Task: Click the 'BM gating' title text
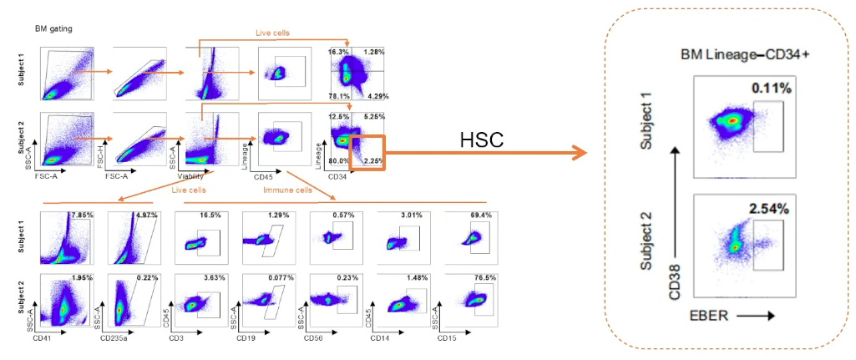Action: point(53,28)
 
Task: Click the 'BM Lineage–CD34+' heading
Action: point(745,54)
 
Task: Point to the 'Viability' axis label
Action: point(190,175)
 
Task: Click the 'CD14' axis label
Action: point(385,338)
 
